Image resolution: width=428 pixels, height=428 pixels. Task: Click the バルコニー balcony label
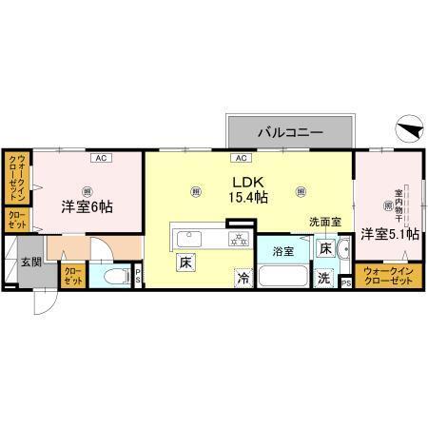click(289, 131)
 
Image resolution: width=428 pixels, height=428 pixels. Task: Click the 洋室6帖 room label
click(88, 205)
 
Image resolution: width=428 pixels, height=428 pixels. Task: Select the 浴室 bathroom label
click(283, 252)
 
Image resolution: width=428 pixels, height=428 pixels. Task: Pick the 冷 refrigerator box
click(243, 279)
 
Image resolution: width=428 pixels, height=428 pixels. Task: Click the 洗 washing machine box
click(323, 278)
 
